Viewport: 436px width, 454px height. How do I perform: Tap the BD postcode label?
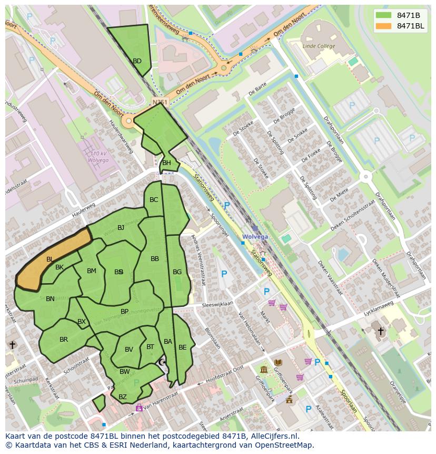coord(137,61)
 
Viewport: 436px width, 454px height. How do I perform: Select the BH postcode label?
coord(166,163)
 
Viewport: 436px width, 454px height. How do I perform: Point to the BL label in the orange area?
coord(49,259)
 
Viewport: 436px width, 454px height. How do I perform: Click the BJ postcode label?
coord(121,228)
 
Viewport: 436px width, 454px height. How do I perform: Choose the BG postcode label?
coord(177,272)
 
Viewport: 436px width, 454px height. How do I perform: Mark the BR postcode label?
coord(64,340)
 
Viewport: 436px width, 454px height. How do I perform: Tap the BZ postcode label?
coord(122,397)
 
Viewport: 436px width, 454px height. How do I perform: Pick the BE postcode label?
coord(182,347)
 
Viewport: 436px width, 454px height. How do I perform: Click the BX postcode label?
coord(82,322)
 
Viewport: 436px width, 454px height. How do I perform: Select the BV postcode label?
coord(129,350)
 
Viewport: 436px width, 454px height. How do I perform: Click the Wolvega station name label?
coord(255,237)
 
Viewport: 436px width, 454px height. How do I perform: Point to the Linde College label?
coord(319,46)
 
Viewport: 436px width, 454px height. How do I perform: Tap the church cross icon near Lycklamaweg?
coord(380,331)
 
